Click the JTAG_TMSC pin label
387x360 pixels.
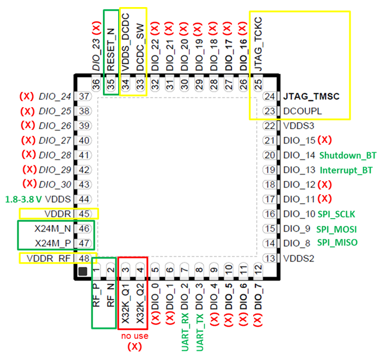311,96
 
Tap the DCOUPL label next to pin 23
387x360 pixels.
302,111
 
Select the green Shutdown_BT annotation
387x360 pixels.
348,156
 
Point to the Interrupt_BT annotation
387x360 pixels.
346,170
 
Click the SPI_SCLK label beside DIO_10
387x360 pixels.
336,214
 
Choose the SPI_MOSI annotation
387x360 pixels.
336,229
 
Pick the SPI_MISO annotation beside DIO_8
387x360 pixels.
337,243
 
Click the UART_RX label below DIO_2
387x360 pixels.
185,332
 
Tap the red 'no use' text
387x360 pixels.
135,336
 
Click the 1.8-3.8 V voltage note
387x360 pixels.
24,199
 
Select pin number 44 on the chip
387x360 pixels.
84,199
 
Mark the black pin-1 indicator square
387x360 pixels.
83,271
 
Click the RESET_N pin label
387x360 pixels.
111,49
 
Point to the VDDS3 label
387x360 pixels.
299,126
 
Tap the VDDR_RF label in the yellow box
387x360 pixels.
48,258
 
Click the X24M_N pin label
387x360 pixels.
53,229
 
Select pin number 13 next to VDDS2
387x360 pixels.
270,258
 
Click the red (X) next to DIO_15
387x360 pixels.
324,140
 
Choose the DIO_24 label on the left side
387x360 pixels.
55,96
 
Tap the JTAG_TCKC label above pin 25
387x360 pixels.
258,44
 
